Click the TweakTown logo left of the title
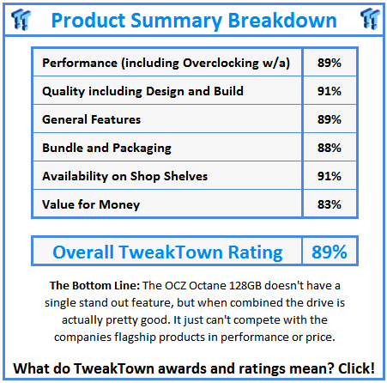[x=21, y=19]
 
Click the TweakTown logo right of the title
[x=370, y=19]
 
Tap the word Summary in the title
[x=177, y=21]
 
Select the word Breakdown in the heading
[x=282, y=21]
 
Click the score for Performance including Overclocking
[x=330, y=63]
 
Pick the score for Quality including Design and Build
[x=330, y=91]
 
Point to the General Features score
[x=330, y=119]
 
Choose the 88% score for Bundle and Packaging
[x=330, y=148]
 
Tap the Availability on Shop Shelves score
[x=330, y=176]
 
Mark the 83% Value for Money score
[x=330, y=204]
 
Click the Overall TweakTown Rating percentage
[x=330, y=252]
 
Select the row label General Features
[x=92, y=119]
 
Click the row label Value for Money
[x=91, y=204]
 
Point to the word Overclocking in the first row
[x=221, y=63]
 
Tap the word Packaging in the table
[x=142, y=149]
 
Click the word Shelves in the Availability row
[x=185, y=176]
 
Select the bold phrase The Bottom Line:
[x=94, y=285]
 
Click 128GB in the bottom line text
[x=245, y=285]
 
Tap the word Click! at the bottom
[x=356, y=368]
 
